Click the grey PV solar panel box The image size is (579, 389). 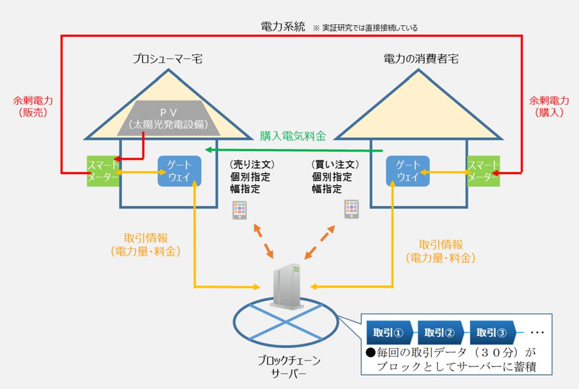168,118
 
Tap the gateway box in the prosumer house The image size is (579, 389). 179,171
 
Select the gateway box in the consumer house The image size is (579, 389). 408,171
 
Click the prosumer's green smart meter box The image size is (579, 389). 103,171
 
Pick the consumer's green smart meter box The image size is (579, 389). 483,171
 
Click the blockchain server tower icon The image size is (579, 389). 287,286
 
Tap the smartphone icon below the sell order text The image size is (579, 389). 240,210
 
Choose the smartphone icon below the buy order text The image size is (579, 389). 352,209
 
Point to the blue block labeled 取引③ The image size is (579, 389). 493,333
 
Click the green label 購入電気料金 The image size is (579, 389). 293,136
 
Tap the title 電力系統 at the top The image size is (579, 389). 283,27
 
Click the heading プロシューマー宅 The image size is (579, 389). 167,59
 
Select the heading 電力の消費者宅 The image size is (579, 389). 421,59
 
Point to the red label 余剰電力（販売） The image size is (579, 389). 33,107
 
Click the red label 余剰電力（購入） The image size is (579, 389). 549,107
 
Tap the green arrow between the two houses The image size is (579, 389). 294,150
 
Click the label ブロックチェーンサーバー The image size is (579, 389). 289,367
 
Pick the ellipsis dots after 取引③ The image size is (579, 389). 538,333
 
